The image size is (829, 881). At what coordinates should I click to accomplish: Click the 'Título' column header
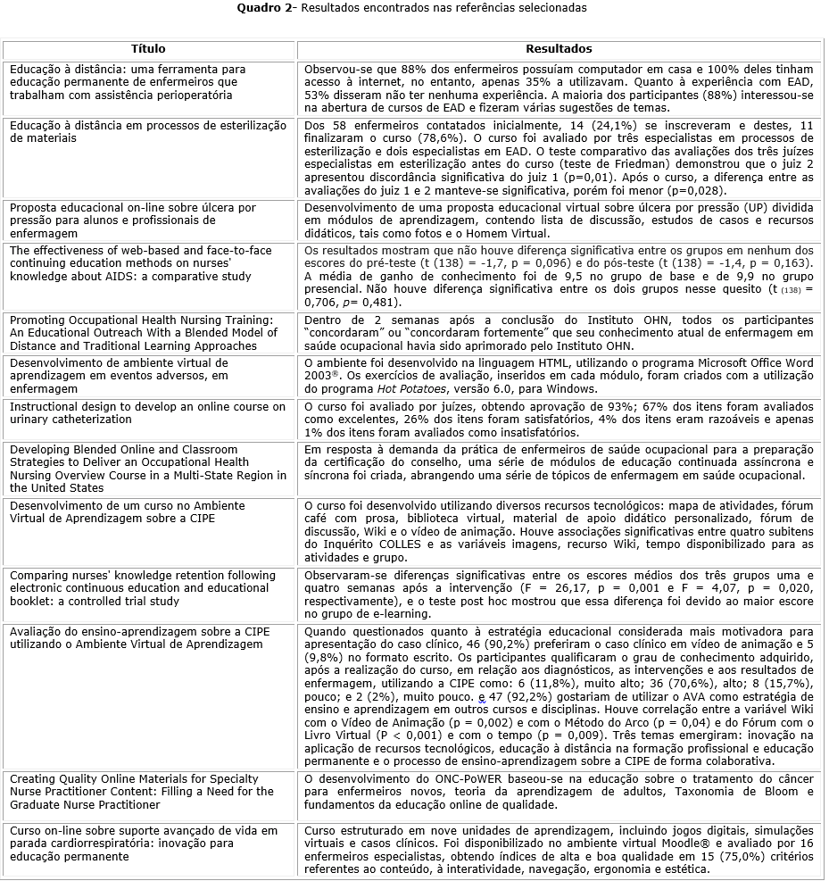pos(148,49)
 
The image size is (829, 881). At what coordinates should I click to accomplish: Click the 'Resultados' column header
pos(559,49)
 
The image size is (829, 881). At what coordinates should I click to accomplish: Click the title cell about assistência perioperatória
pos(128,81)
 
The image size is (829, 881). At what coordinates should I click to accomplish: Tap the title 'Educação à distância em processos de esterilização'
pos(148,131)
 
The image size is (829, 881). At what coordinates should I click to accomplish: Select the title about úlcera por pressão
pos(133,220)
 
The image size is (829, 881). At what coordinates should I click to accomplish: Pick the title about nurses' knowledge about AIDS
pos(141,263)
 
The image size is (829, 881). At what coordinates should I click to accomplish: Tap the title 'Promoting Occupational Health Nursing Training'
pos(143,320)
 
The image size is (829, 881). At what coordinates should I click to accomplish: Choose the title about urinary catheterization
pos(148,413)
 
